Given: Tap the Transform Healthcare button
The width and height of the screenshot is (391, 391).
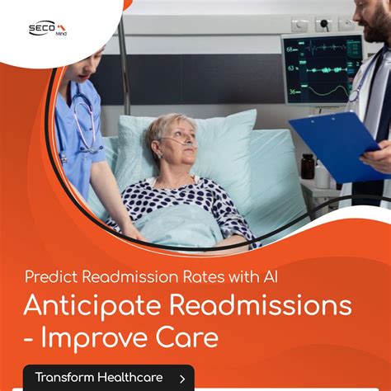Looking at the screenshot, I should (x=108, y=378).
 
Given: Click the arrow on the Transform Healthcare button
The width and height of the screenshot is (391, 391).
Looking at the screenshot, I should (x=181, y=379).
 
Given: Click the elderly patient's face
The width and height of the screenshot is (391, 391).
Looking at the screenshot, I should (x=173, y=140).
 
